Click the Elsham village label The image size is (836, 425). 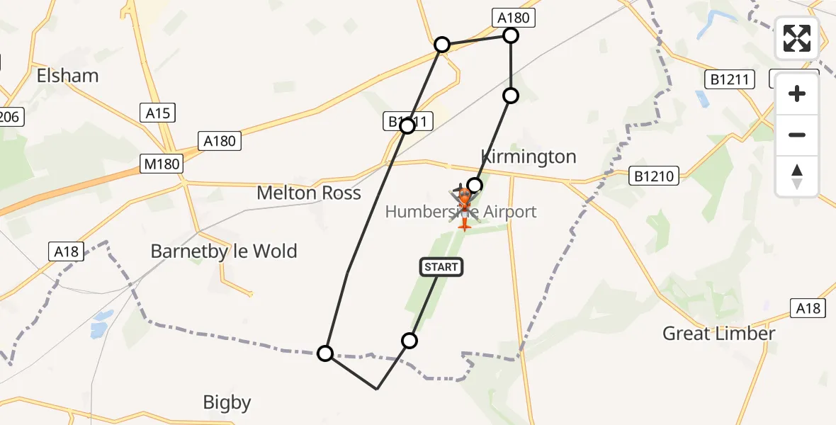67,76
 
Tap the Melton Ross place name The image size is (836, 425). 309,193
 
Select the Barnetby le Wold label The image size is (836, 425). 224,251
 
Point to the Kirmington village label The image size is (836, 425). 529,157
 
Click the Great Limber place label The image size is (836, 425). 718,333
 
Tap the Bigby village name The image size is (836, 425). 227,403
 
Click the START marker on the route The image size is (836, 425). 441,267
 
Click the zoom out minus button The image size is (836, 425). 797,135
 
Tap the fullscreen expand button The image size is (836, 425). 797,38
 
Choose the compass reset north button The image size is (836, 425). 797,176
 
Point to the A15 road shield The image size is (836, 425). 157,113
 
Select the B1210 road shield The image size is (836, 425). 655,175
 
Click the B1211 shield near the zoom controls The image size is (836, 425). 730,79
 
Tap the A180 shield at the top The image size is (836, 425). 513,18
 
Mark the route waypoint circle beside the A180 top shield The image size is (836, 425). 511,35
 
